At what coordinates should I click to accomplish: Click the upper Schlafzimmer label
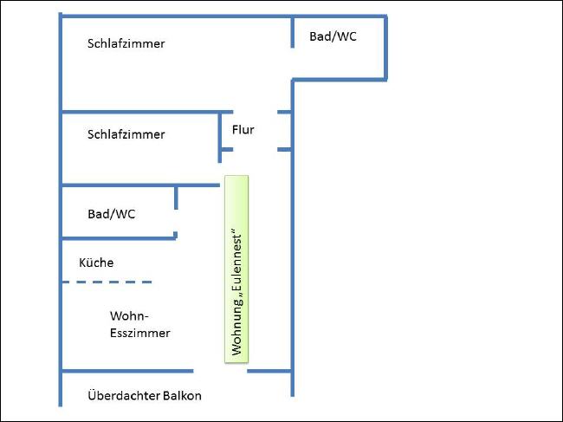[126, 43]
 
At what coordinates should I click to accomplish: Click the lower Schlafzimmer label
[126, 134]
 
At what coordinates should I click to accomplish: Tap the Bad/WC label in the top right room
[333, 36]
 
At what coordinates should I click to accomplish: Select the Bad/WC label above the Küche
[112, 214]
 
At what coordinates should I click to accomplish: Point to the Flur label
[243, 129]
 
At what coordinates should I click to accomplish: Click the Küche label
[96, 263]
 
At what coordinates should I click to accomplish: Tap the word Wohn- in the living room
[129, 316]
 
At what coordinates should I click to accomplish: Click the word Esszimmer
[140, 333]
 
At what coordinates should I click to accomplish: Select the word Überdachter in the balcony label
[124, 395]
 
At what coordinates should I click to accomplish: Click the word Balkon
[182, 396]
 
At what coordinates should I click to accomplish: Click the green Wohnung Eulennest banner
[236, 269]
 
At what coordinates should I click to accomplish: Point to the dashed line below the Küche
[107, 282]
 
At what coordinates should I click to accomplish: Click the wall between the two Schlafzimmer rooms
[147, 112]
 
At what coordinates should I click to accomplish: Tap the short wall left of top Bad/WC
[292, 32]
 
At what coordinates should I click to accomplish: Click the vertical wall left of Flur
[220, 138]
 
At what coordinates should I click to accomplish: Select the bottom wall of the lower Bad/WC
[120, 237]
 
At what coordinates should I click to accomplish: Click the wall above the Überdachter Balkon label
[127, 371]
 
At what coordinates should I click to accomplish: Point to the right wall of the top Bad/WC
[385, 48]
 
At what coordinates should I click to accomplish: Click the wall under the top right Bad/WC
[339, 80]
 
